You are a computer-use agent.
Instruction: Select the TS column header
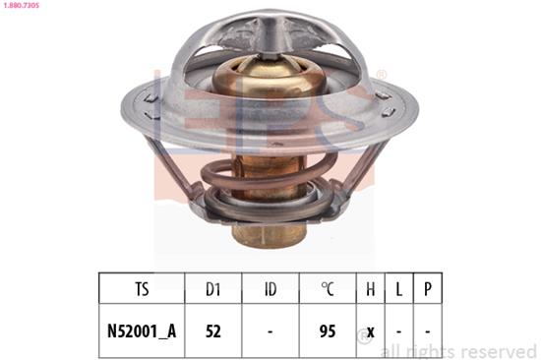[142, 289]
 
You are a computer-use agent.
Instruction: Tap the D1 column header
[212, 289]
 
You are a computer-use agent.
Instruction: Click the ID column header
[270, 289]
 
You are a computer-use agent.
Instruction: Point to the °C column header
[328, 289]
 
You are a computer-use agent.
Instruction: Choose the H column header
[370, 289]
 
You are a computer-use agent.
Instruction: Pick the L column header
[398, 289]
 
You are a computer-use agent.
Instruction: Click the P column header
[428, 289]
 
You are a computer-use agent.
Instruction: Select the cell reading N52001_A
[142, 331]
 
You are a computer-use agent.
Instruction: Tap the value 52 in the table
[212, 331]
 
